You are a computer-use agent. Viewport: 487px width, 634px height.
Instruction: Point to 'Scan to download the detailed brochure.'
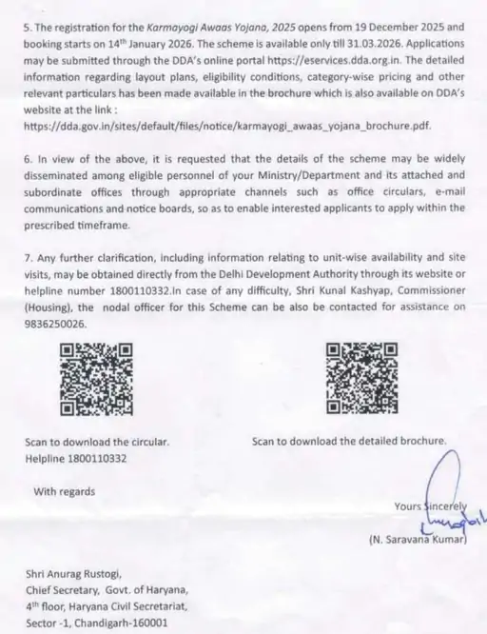[349, 442]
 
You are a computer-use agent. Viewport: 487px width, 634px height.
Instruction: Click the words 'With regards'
[65, 491]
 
